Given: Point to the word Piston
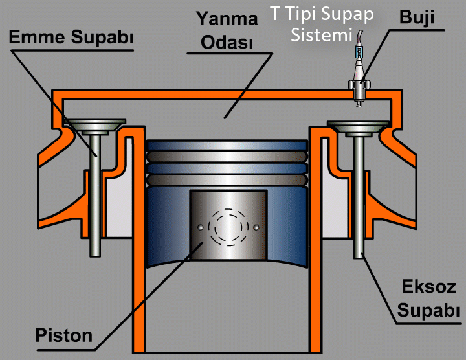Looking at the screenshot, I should coord(64,336).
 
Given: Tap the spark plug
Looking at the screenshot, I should coord(358,81).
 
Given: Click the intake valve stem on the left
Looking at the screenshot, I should coord(95,194).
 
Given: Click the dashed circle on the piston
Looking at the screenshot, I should coord(228,227).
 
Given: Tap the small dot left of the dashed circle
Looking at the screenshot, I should coord(201,227).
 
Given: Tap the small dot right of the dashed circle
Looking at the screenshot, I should coord(257,227).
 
